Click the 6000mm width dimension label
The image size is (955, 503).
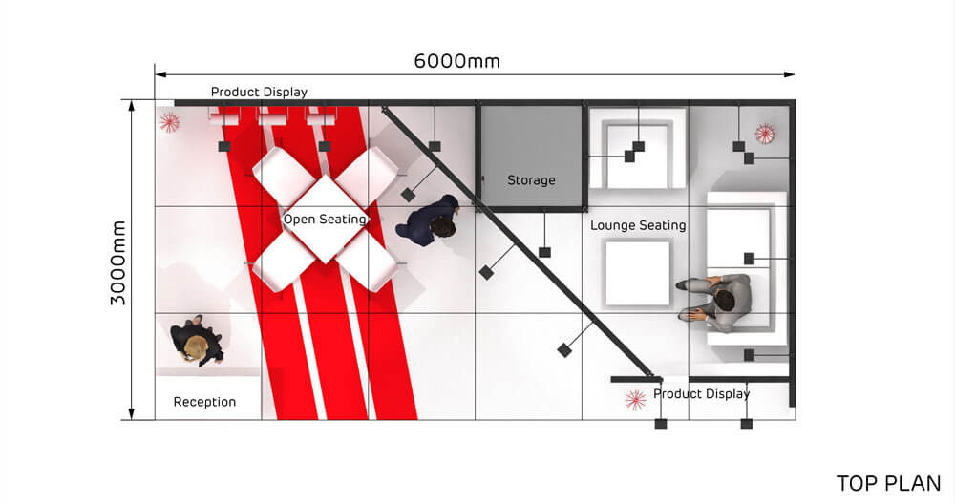pos(456,61)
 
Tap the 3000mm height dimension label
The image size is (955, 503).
pos(118,263)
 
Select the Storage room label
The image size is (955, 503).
pos(531,180)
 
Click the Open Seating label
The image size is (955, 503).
pos(325,220)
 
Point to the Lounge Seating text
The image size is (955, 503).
pos(638,225)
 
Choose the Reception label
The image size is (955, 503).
pos(204,402)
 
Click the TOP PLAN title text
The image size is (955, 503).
pos(888,483)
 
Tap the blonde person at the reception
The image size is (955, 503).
pos(196,343)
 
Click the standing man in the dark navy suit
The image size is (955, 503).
pos(428,220)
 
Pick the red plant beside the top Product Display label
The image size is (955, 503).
pos(169,122)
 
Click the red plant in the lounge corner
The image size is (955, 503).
pos(764,134)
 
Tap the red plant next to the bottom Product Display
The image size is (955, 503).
pos(635,400)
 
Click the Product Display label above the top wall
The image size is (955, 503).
pos(259,92)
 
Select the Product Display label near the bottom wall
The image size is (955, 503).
pos(702,394)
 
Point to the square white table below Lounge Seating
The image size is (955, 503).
pos(638,273)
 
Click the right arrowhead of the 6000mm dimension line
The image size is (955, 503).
pos(790,74)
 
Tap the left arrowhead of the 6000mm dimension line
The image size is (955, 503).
pos(160,74)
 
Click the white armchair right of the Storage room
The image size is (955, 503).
pos(638,148)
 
